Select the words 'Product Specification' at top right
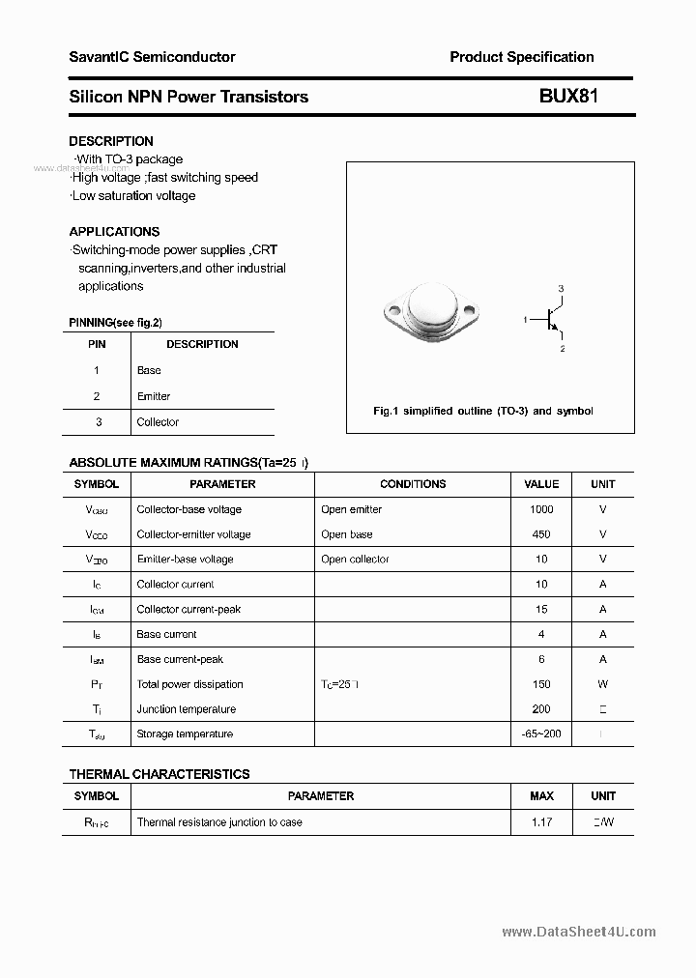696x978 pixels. tap(522, 57)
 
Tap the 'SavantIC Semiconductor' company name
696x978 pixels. tap(152, 57)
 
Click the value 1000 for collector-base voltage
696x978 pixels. tap(541, 509)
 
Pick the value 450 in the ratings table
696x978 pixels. tap(541, 534)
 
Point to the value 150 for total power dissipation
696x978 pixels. tap(541, 684)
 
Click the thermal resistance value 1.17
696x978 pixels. tap(541, 822)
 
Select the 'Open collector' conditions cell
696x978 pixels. tap(355, 560)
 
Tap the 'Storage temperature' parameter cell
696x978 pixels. tap(185, 734)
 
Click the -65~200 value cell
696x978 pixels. tap(541, 734)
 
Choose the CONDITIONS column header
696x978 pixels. tap(413, 484)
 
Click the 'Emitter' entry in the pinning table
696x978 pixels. tap(154, 396)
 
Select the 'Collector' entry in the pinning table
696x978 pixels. tap(158, 422)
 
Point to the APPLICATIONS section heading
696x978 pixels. tap(114, 232)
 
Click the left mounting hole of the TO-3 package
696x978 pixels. tap(393, 311)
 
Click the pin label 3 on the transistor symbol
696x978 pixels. tap(561, 289)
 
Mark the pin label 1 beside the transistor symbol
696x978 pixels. tap(526, 319)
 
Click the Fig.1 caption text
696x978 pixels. tap(483, 411)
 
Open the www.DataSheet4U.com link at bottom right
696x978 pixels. tap(579, 933)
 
